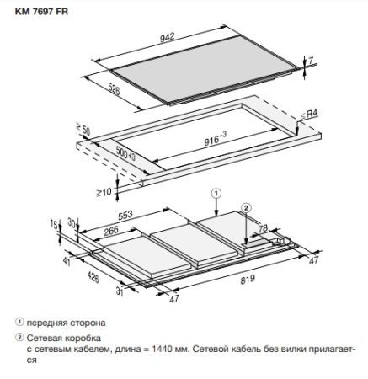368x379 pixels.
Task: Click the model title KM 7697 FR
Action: (41, 12)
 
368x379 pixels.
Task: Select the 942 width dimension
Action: (168, 37)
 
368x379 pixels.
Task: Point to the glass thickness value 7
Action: (311, 60)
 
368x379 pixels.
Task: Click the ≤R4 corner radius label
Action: (309, 114)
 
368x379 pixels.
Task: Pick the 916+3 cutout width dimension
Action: (215, 138)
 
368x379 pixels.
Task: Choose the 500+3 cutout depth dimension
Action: (125, 153)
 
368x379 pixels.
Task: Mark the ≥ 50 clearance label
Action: (83, 129)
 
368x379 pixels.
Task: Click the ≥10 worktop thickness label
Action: (104, 192)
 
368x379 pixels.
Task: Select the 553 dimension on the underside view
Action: (125, 215)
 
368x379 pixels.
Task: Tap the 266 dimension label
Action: (111, 232)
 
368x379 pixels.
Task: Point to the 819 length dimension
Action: (248, 280)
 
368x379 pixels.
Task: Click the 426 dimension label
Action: (93, 277)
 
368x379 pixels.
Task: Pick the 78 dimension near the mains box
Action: (263, 228)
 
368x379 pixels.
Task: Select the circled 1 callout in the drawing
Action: (216, 194)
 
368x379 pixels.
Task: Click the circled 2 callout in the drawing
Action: (246, 208)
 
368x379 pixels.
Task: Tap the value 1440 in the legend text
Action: (162, 350)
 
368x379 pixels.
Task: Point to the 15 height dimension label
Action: (54, 224)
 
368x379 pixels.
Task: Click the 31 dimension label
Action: (120, 291)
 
